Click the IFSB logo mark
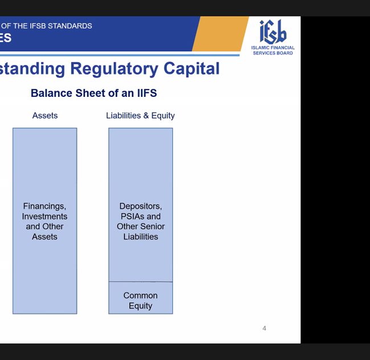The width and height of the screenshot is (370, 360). [273, 31]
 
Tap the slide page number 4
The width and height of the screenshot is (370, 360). [264, 328]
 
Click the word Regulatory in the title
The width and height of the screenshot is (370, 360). [114, 69]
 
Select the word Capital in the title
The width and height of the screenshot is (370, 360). [191, 69]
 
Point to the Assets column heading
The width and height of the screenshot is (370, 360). [45, 116]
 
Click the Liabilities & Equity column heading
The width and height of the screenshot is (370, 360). [141, 116]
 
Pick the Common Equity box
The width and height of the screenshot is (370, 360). [141, 298]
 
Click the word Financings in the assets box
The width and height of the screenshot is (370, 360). [44, 206]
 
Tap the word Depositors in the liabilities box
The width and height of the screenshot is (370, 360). [141, 206]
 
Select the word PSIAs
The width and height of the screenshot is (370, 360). [131, 216]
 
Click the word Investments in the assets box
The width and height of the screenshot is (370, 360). [44, 216]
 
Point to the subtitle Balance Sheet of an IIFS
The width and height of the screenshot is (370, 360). [94, 93]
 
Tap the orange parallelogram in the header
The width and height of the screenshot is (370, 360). [220, 34]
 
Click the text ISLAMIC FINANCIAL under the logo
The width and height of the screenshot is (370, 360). [273, 48]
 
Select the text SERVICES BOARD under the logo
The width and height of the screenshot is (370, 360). [273, 53]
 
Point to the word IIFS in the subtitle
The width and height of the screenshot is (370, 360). [147, 93]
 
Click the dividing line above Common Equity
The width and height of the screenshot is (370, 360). [141, 281]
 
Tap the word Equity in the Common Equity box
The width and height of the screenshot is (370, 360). [141, 306]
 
